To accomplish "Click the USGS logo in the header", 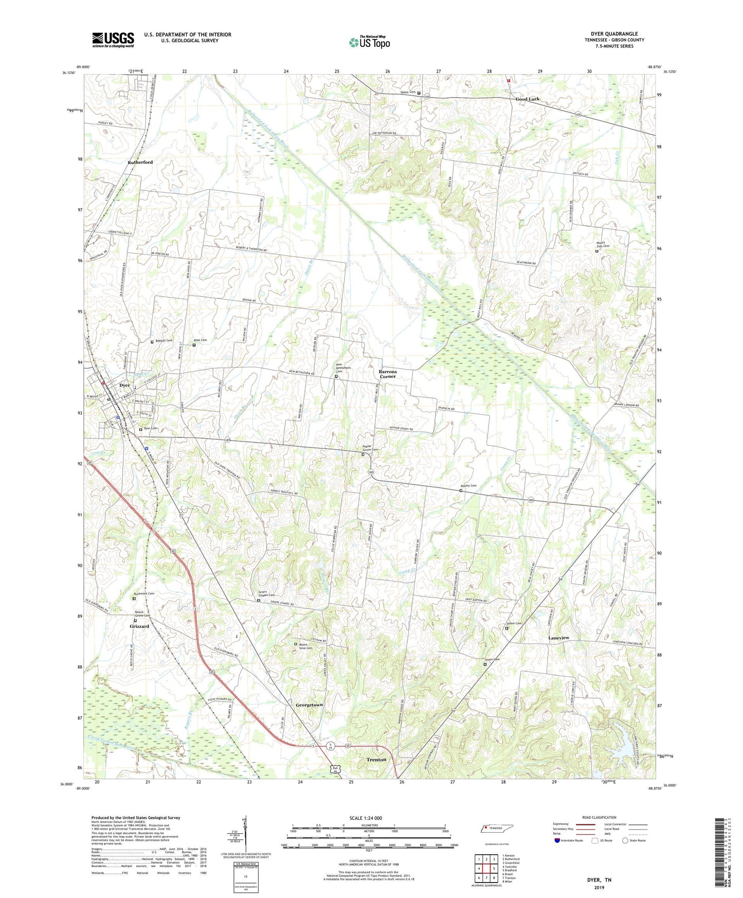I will (113, 40).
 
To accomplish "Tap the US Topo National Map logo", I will (369, 42).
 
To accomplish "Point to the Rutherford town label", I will (140, 162).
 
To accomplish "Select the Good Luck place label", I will (528, 99).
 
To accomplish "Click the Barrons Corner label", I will (388, 374).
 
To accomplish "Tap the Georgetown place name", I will (309, 705).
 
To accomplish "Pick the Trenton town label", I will (376, 760).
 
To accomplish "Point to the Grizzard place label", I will (139, 626).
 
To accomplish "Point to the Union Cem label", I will (492, 659).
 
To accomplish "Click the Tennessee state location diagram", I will (496, 829).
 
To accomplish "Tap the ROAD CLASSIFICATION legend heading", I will (599, 817).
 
